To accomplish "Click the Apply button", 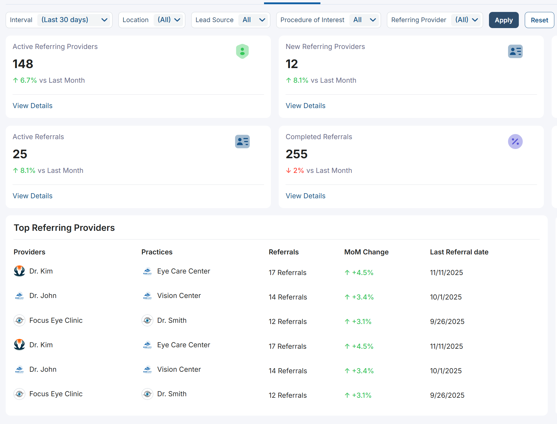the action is (x=504, y=20).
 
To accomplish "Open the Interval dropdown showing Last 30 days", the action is (x=74, y=20).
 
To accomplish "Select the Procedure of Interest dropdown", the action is (x=364, y=20).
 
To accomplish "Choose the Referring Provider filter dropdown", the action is (x=466, y=20).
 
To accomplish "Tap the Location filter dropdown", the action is (x=168, y=20).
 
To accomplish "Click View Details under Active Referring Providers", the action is (x=33, y=106).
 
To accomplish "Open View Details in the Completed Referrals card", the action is (x=305, y=196).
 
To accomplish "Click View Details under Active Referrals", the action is (x=33, y=196).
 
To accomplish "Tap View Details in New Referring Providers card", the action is (x=305, y=106).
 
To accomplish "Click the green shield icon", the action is (x=242, y=51).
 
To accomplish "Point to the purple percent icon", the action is (x=515, y=142).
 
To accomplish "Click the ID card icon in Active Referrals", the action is (x=242, y=142).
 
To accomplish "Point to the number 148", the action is (x=23, y=64).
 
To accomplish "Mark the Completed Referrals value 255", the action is (x=297, y=154).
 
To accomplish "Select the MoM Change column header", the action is (x=366, y=252).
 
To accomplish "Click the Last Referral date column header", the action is (x=459, y=252).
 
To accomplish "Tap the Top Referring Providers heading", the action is (x=64, y=228).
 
